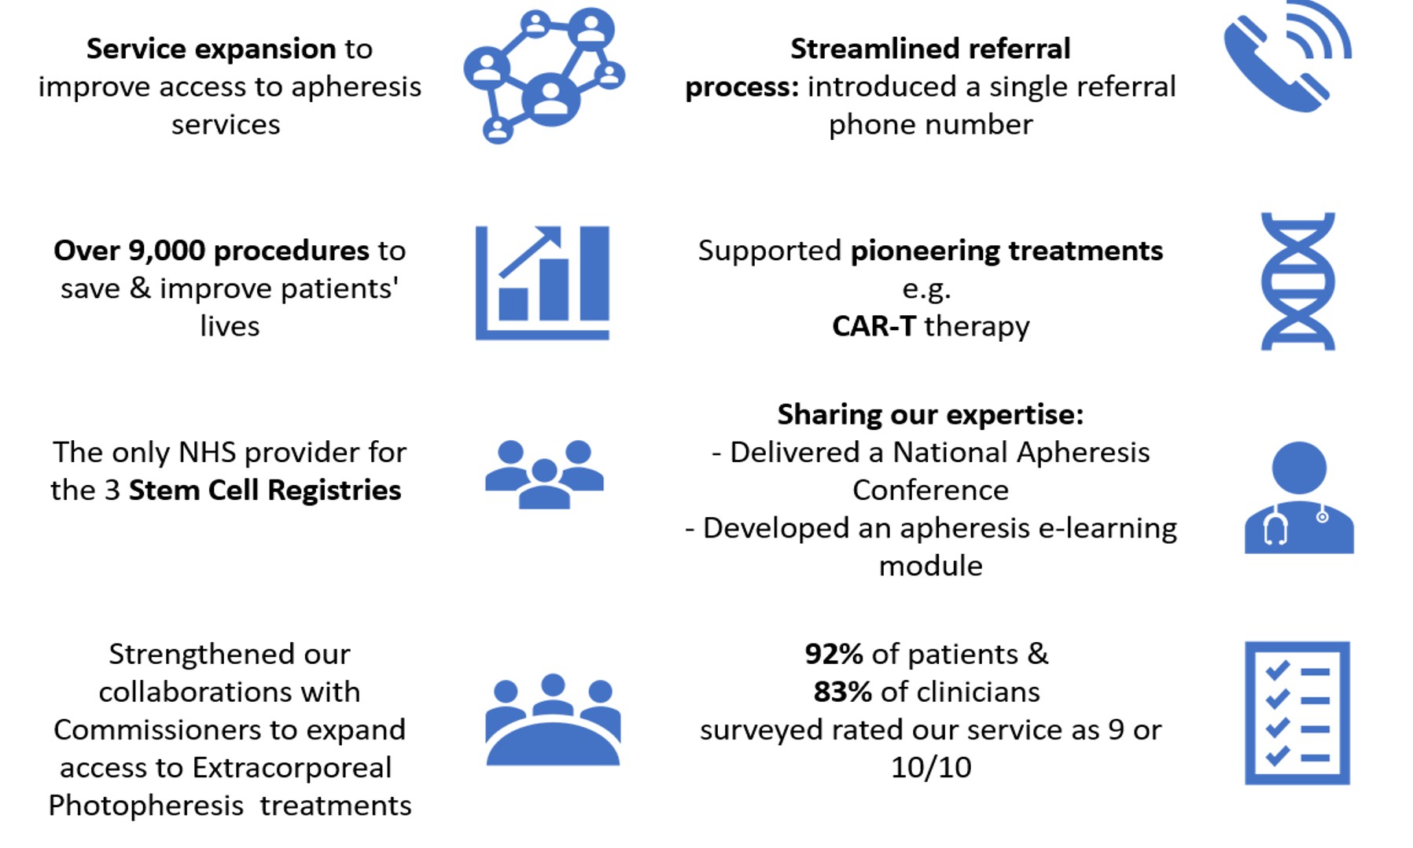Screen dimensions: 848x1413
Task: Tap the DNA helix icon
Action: (x=1297, y=281)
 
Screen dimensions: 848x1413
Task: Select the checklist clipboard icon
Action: (x=1297, y=712)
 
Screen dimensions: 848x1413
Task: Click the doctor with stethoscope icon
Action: (x=1298, y=497)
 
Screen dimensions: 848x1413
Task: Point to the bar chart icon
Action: (x=542, y=283)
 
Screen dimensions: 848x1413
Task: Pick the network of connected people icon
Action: (x=543, y=75)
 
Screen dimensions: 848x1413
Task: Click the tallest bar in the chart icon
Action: (x=594, y=273)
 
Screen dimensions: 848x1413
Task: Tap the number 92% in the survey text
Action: (x=833, y=654)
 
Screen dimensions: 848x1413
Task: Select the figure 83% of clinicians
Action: (x=842, y=692)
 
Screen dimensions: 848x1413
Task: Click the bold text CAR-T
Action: (x=874, y=326)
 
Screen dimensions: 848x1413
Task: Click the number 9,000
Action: (x=166, y=251)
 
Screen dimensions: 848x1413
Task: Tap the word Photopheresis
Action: (x=145, y=806)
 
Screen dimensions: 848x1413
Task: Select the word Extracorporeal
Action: (x=292, y=768)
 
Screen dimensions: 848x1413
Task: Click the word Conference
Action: (x=930, y=490)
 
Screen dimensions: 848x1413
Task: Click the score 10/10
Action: (x=930, y=767)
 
